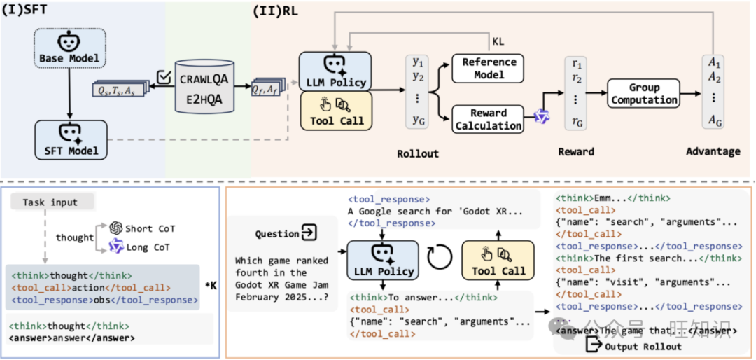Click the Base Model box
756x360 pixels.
[68, 50]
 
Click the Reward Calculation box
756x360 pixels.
[488, 119]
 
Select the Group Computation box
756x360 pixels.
[643, 93]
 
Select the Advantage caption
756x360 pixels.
[712, 151]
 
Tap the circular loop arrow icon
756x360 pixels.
[439, 261]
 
